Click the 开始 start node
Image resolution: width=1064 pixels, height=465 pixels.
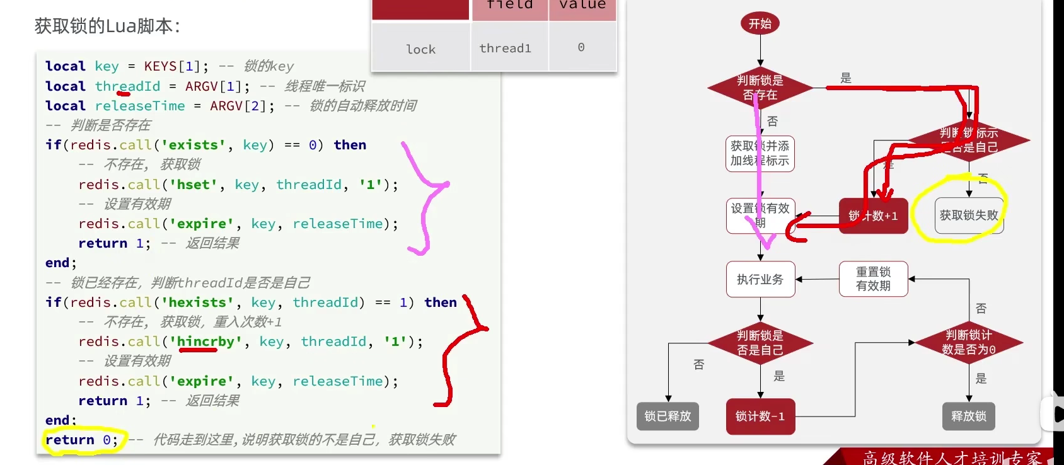tap(760, 24)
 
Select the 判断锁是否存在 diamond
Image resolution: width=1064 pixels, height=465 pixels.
tap(760, 88)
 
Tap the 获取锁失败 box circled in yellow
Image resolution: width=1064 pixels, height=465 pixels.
tap(969, 215)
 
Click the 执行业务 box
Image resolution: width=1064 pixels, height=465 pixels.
tap(760, 279)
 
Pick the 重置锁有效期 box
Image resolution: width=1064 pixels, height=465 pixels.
tap(873, 279)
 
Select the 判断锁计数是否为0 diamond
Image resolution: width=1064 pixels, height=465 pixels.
tap(968, 342)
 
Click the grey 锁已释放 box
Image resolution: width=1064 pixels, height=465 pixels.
tap(668, 416)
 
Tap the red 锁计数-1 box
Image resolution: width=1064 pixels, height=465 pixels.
tap(760, 416)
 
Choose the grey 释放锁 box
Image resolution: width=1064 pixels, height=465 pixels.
tap(968, 416)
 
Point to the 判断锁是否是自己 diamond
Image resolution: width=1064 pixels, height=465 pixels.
tap(760, 342)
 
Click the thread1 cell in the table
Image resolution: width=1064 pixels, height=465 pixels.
tap(506, 49)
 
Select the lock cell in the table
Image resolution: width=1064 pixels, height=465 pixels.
tap(420, 49)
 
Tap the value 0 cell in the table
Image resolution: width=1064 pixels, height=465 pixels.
tap(581, 48)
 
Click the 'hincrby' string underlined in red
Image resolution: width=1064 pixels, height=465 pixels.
tap(205, 342)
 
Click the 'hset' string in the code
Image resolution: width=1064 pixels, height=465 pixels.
tap(193, 185)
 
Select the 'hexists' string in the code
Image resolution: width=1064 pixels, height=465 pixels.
tap(193, 302)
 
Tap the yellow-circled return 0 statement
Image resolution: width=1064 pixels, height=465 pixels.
tap(81, 440)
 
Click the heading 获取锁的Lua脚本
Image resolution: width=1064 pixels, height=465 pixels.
tap(107, 26)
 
